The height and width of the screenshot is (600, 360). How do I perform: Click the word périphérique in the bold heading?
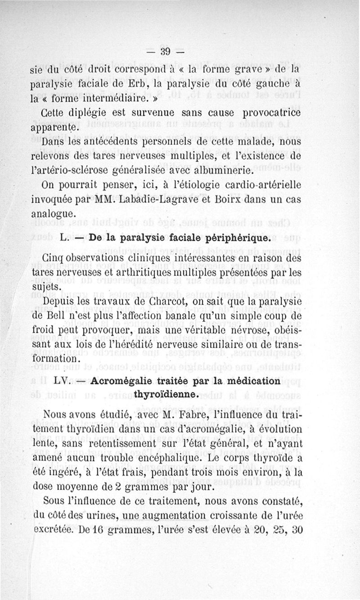click(x=235, y=237)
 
